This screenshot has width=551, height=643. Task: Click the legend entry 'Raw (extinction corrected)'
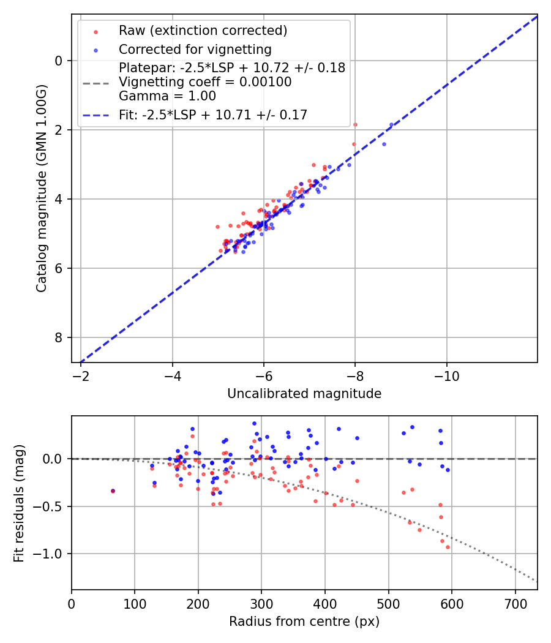[x=203, y=31]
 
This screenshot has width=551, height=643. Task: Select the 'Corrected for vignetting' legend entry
[x=195, y=49]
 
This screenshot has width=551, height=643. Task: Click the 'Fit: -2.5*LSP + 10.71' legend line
[x=213, y=115]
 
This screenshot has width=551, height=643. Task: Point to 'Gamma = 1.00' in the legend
[x=167, y=96]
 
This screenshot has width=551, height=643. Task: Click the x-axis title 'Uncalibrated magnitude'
[x=304, y=394]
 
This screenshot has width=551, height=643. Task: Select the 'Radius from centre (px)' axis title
[x=304, y=622]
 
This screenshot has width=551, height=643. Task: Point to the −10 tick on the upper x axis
[x=446, y=374]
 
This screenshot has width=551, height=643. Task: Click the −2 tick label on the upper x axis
[x=81, y=374]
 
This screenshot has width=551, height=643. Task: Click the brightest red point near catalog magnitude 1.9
[x=355, y=124]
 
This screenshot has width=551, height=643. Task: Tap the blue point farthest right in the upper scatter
[x=391, y=124]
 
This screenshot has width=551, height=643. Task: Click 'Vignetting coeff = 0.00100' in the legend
[x=205, y=82]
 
